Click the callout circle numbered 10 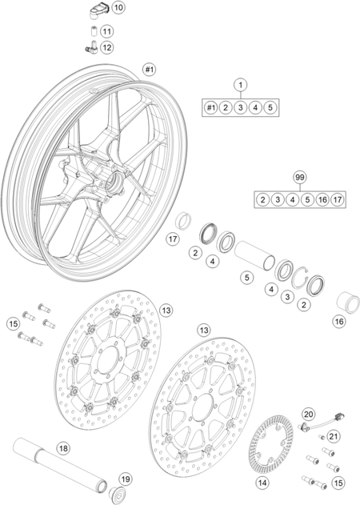[x=118, y=7]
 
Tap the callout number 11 [x=107, y=31]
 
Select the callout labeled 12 [x=107, y=48]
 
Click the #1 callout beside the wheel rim [x=149, y=70]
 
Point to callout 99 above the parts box [x=300, y=177]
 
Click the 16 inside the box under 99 [x=322, y=200]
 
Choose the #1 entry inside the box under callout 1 [x=210, y=107]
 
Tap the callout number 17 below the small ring [x=173, y=239]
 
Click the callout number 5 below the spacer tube [x=247, y=277]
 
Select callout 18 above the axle [x=64, y=448]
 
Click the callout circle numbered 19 [x=126, y=479]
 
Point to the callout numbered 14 [x=262, y=483]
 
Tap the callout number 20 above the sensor [x=309, y=415]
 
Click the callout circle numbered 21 [x=334, y=436]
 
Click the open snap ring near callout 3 [x=296, y=279]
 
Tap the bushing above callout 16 [x=348, y=302]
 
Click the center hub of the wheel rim [x=115, y=182]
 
